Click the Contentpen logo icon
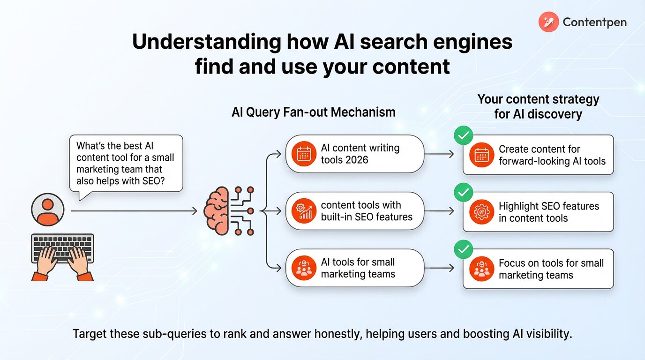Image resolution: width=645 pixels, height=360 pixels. [x=548, y=22]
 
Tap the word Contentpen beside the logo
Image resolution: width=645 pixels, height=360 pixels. [x=594, y=22]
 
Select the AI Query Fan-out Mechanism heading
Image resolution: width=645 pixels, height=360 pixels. [x=314, y=112]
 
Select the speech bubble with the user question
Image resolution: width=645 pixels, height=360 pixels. [x=125, y=164]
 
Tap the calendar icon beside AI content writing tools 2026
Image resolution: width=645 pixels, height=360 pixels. [x=303, y=154]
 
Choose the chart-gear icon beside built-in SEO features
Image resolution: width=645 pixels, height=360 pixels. [x=303, y=211]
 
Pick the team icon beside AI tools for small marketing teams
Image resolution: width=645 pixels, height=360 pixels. [x=303, y=268]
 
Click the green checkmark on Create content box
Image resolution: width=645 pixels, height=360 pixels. [x=463, y=136]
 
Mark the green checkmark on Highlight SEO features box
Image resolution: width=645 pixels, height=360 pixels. [x=463, y=193]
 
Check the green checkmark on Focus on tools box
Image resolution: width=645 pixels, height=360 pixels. [x=463, y=250]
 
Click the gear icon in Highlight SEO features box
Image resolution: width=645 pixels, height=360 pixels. [x=481, y=212]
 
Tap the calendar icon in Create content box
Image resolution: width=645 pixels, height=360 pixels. [x=481, y=155]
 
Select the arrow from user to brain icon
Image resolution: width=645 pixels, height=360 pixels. [x=134, y=211]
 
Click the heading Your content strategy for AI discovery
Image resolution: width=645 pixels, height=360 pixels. [x=538, y=106]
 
